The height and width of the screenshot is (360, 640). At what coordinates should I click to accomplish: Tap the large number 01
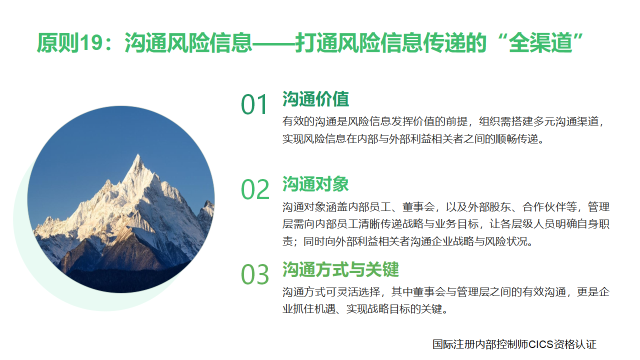pos(254,104)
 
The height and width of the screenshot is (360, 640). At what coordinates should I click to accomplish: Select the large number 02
pos(255,189)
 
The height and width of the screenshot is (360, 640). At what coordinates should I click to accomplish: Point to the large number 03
pos(255,274)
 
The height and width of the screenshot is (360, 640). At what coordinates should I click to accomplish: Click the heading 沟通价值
pos(315,99)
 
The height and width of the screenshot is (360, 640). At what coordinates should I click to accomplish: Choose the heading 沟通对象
pos(315,183)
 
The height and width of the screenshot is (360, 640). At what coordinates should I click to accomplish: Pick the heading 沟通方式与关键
pos(340,269)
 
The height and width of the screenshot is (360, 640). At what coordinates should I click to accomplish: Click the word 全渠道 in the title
pos(541,43)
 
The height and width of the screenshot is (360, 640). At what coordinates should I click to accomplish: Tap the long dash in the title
pos(273,43)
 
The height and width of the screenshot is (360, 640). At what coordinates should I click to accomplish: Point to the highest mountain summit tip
pos(138,154)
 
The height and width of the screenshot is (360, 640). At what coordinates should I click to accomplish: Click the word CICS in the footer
pos(541,344)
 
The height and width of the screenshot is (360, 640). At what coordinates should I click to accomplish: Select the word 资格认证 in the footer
pos(575,344)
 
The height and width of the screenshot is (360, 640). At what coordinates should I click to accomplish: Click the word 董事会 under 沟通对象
pos(418,207)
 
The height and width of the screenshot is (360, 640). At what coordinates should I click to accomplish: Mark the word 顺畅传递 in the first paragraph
pos(516,139)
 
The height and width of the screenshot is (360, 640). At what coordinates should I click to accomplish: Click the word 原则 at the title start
pos(58,43)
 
